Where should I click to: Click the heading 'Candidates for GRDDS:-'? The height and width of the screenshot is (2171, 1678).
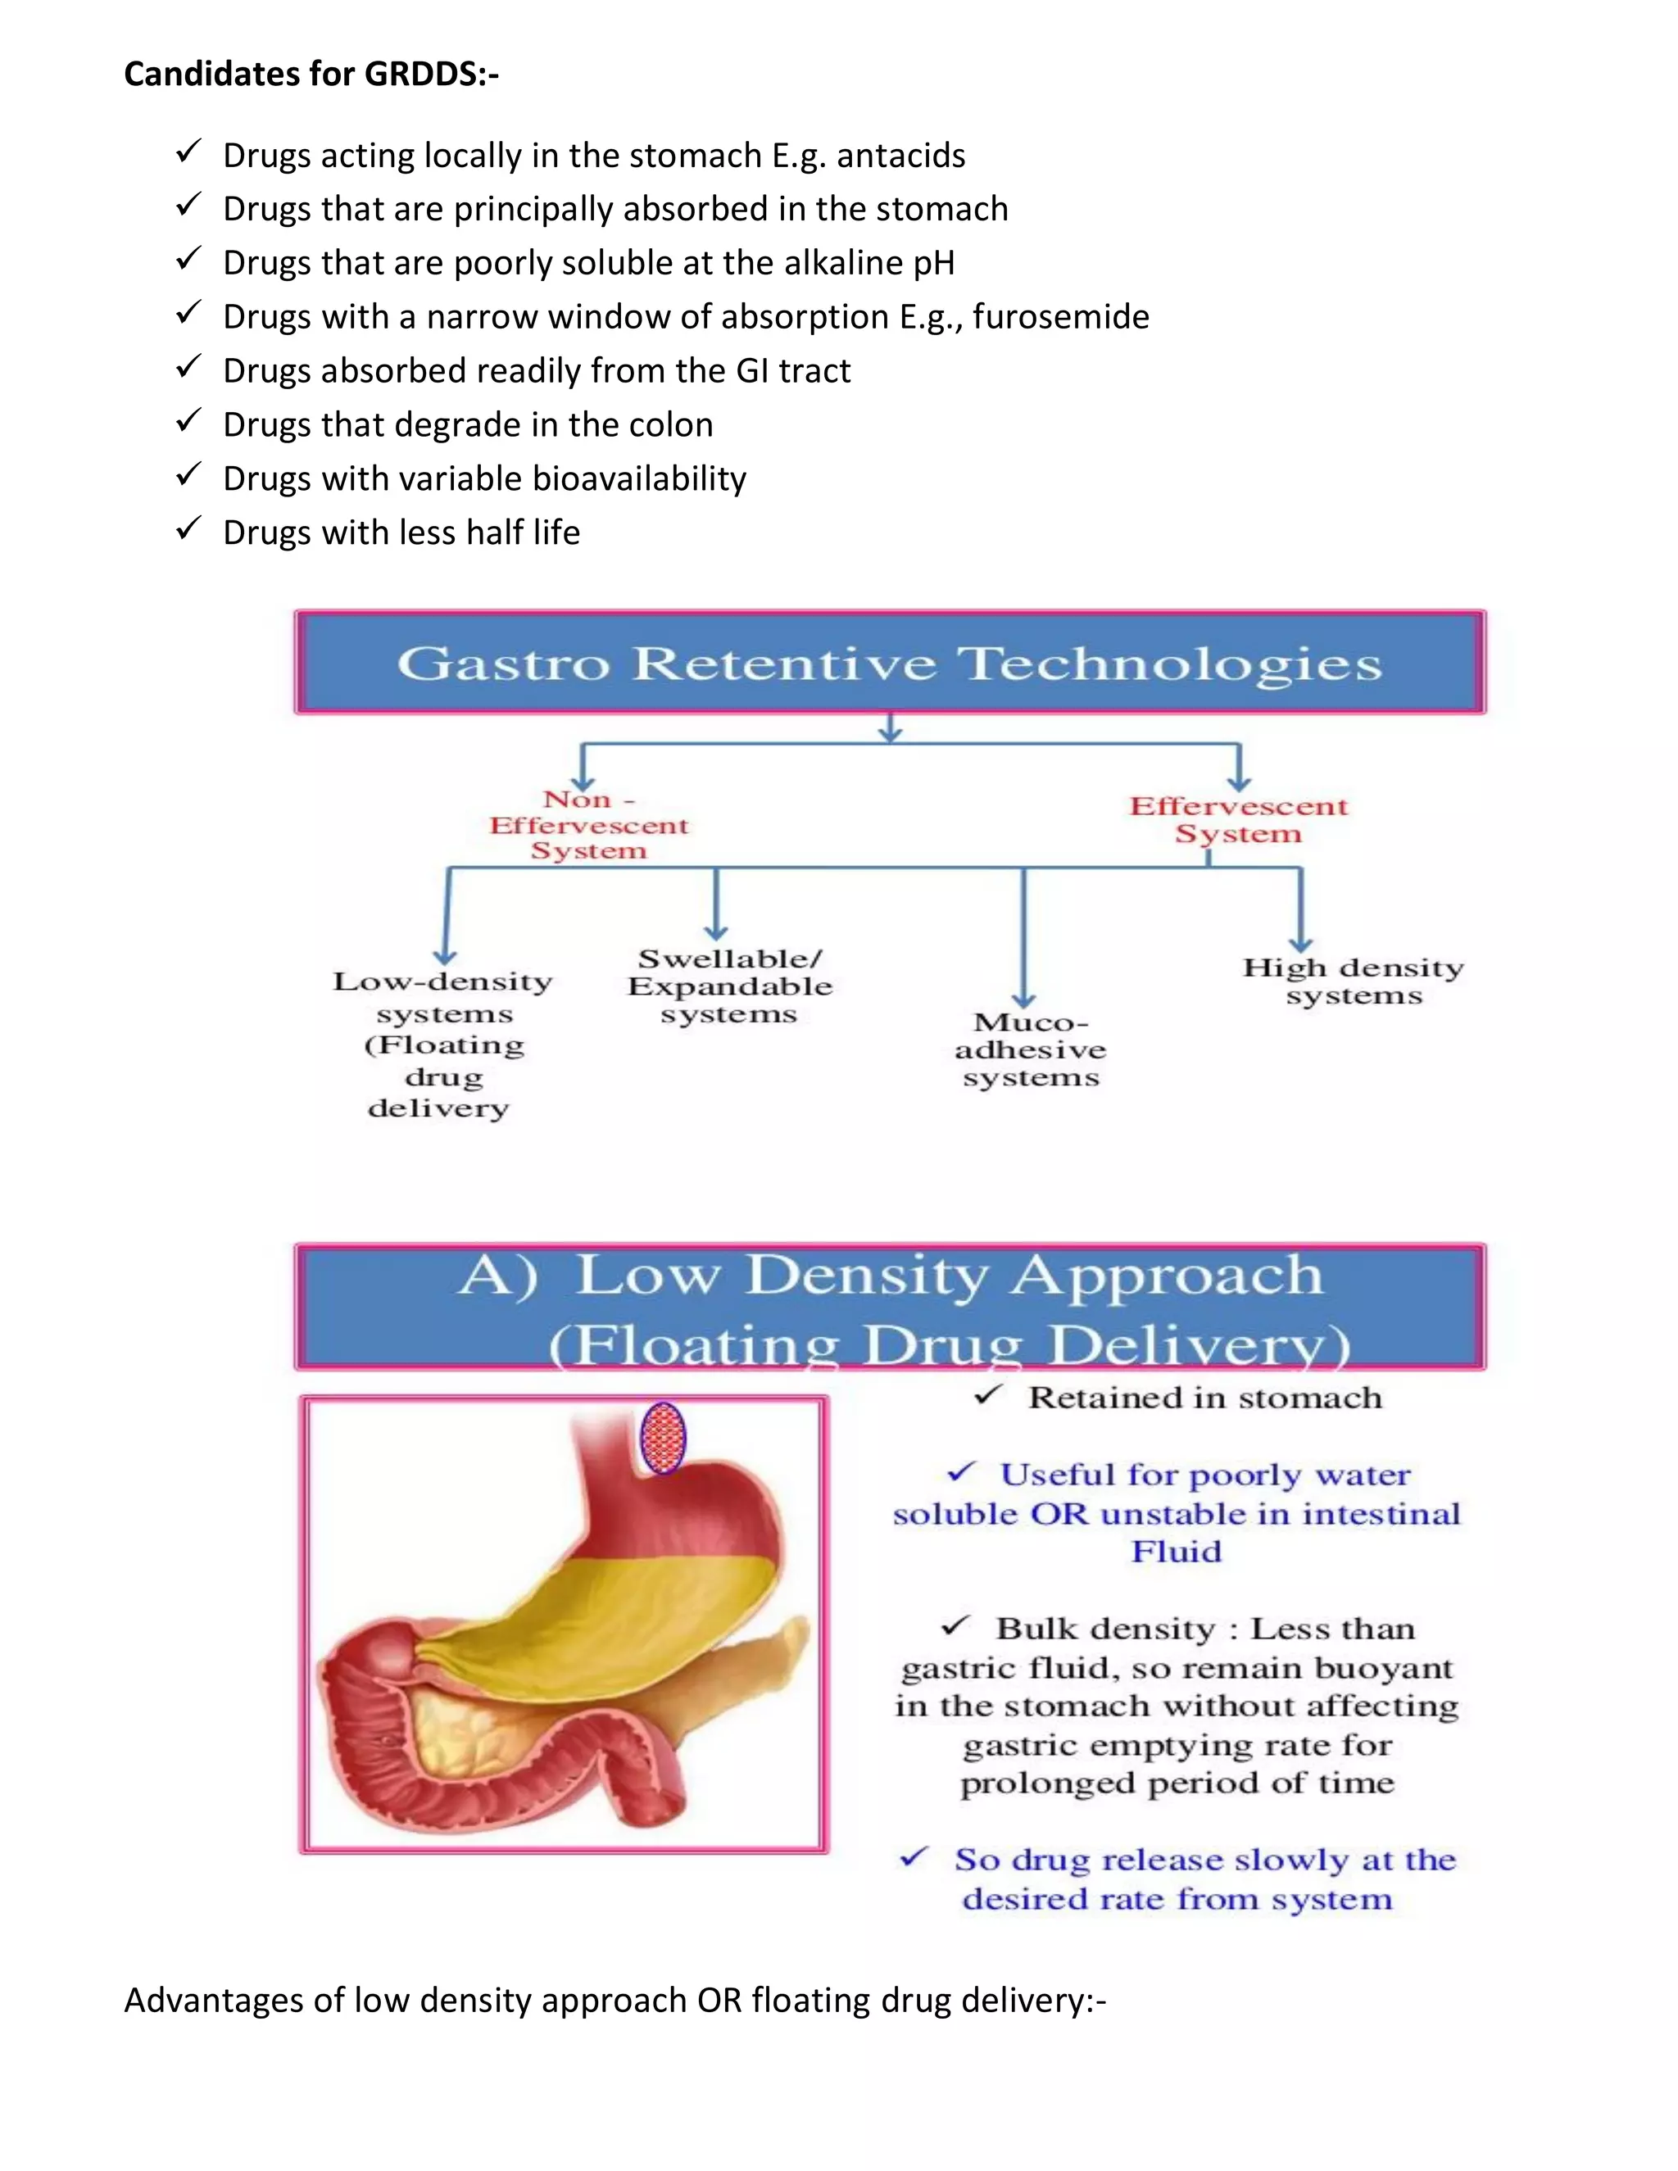tap(311, 74)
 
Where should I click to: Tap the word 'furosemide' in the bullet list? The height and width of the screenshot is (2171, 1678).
tap(1061, 317)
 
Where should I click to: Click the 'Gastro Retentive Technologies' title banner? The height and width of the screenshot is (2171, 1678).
tap(890, 663)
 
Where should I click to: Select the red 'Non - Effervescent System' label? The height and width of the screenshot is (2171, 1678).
tap(588, 825)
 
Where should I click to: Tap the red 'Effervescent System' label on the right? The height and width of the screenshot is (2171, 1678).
tap(1239, 819)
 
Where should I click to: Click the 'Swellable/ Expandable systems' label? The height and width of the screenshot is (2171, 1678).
tap(730, 986)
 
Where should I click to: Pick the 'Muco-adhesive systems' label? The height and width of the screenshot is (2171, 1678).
tap(1031, 1049)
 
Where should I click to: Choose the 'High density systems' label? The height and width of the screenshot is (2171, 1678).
tap(1353, 981)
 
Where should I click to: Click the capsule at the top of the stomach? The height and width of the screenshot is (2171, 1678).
tap(663, 1438)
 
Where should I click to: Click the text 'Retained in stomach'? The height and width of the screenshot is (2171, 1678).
tap(1204, 1398)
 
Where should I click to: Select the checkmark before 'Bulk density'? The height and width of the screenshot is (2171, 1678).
tap(955, 1626)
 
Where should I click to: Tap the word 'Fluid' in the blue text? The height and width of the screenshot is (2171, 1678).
tap(1176, 1552)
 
